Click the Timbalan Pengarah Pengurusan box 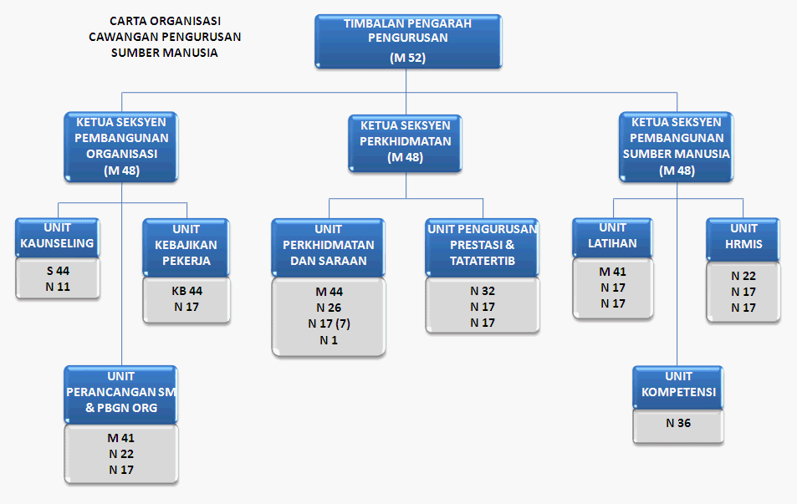point(408,41)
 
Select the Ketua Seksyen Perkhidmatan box point(405,143)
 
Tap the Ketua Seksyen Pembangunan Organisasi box point(121,147)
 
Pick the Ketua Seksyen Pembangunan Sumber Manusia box point(676,147)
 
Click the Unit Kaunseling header point(58,237)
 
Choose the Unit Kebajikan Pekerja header point(186,248)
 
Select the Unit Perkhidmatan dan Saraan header point(329,248)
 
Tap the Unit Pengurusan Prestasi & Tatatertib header point(482,248)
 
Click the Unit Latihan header point(612,238)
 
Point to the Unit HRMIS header point(743,240)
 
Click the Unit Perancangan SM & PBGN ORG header point(121,395)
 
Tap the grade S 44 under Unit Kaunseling point(58,271)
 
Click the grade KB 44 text point(186,291)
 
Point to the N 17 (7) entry point(329,323)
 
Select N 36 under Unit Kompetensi point(678,423)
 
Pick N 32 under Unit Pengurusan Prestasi point(483,291)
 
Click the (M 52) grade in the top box point(407,58)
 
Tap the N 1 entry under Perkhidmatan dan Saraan point(329,340)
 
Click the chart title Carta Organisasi point(166,21)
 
